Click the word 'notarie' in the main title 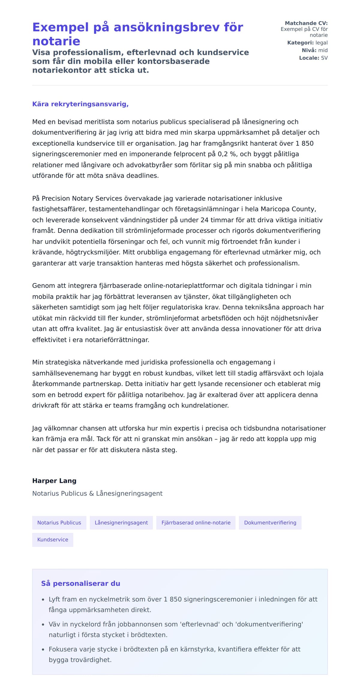pyautogui.click(x=56, y=41)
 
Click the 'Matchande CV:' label pyautogui.click(x=306, y=23)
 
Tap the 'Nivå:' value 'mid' pyautogui.click(x=323, y=50)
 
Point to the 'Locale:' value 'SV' pyautogui.click(x=324, y=58)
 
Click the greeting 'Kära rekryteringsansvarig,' pyautogui.click(x=80, y=104)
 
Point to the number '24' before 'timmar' pyautogui.click(x=204, y=220)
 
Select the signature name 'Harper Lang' pyautogui.click(x=54, y=481)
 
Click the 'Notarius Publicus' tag pyautogui.click(x=59, y=523)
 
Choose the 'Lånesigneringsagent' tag pyautogui.click(x=121, y=523)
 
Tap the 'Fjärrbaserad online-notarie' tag pyautogui.click(x=196, y=523)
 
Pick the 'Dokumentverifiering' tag pyautogui.click(x=270, y=523)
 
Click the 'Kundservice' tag pyautogui.click(x=52, y=539)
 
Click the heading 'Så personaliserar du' pyautogui.click(x=80, y=583)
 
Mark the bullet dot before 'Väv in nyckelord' pyautogui.click(x=43, y=624)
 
